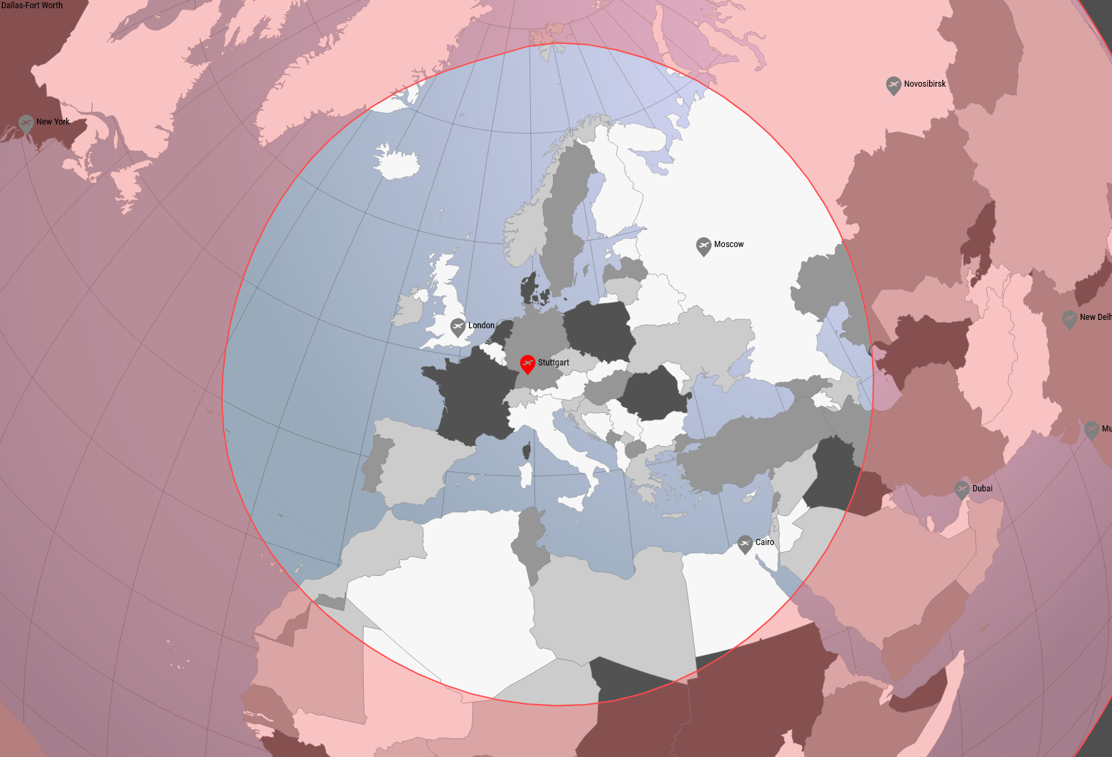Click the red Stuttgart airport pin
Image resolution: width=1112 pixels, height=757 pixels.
(527, 363)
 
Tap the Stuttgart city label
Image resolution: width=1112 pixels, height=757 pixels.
(554, 363)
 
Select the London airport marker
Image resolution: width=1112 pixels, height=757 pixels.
(458, 326)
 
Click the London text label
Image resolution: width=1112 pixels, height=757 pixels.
(481, 326)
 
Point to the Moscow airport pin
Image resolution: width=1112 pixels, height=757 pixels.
(704, 245)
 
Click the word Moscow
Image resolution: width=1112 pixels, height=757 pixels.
(729, 244)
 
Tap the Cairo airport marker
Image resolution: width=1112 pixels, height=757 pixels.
(745, 544)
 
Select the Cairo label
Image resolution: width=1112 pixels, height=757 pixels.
(765, 542)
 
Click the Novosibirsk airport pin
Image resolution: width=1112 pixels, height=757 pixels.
(893, 85)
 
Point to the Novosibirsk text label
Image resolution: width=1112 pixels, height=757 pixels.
(925, 84)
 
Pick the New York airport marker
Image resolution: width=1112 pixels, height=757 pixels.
(26, 123)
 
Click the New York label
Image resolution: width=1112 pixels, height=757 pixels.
(53, 122)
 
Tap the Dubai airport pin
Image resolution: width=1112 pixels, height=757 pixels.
(962, 489)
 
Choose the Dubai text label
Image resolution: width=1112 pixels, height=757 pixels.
(982, 489)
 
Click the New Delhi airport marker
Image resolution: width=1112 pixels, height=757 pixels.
(1069, 319)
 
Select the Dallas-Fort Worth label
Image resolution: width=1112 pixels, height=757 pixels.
(32, 6)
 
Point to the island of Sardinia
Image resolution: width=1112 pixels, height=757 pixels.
(526, 475)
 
